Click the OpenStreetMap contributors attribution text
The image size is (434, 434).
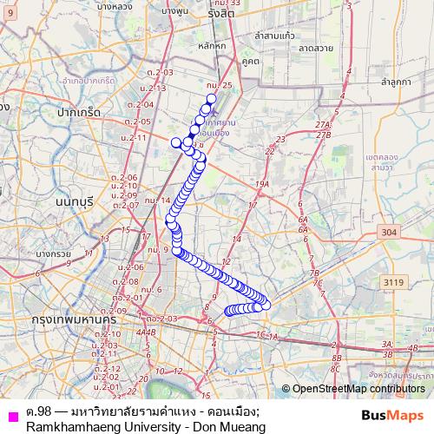click(358, 390)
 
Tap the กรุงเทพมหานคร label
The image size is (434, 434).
click(59, 319)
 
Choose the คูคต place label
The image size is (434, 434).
click(252, 62)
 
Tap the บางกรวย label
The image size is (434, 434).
click(53, 253)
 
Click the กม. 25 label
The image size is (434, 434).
click(220, 85)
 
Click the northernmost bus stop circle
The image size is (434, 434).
click(211, 98)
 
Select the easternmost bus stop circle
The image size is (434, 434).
click(266, 304)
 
